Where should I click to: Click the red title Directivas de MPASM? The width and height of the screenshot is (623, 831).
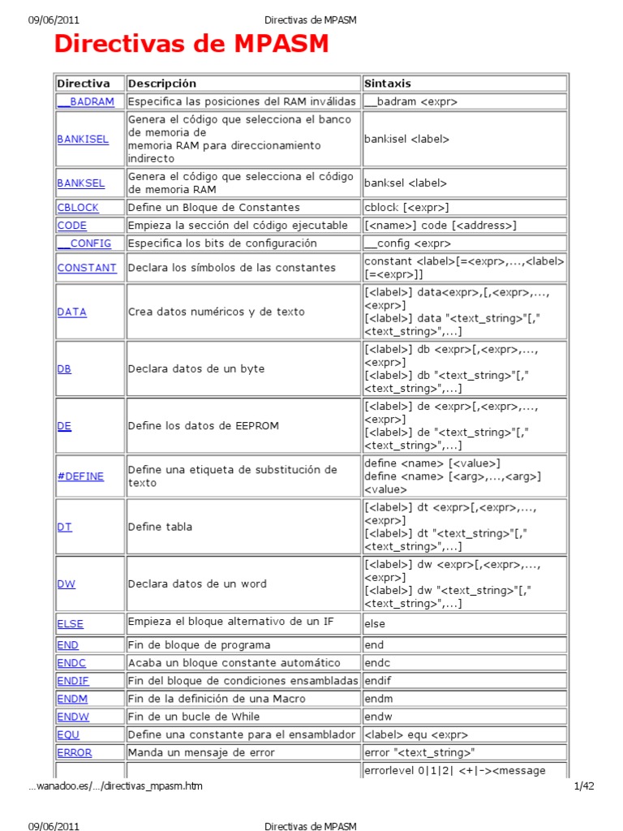(191, 44)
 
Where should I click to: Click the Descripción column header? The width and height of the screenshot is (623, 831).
(162, 84)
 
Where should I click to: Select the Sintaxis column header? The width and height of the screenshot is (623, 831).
(388, 84)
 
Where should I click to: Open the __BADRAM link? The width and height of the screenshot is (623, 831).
(86, 101)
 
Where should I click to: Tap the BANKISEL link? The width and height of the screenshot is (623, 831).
(83, 139)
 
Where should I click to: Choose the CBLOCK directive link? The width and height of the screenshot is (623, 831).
(78, 207)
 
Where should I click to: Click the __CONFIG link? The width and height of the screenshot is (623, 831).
(85, 243)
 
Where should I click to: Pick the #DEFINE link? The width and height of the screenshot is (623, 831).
(80, 476)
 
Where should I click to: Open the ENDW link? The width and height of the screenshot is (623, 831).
(73, 717)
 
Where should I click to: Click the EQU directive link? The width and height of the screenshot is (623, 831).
(68, 734)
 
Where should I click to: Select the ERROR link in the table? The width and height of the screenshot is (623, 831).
(75, 752)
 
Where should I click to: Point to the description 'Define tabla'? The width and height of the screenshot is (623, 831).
(161, 527)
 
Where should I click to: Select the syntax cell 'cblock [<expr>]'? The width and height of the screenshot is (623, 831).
(406, 207)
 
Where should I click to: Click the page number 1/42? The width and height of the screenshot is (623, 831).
(584, 786)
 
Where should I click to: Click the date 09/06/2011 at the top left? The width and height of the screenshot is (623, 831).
(54, 19)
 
